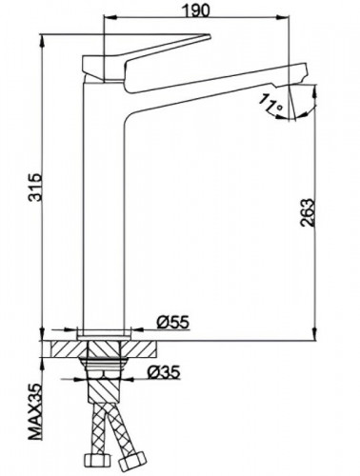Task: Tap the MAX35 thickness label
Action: pyautogui.click(x=37, y=415)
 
